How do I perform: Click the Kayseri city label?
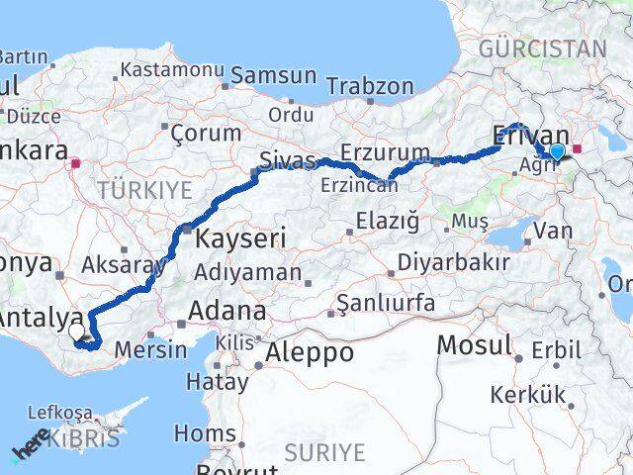[x=240, y=238]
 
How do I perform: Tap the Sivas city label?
[x=287, y=160]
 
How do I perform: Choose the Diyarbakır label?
[x=453, y=262]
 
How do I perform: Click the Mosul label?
[x=474, y=345]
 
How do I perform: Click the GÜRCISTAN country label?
[x=542, y=47]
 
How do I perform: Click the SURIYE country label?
[x=324, y=453]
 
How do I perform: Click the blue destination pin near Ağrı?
[x=558, y=151]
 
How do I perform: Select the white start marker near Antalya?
[x=79, y=332]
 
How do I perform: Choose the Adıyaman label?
[x=248, y=272]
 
